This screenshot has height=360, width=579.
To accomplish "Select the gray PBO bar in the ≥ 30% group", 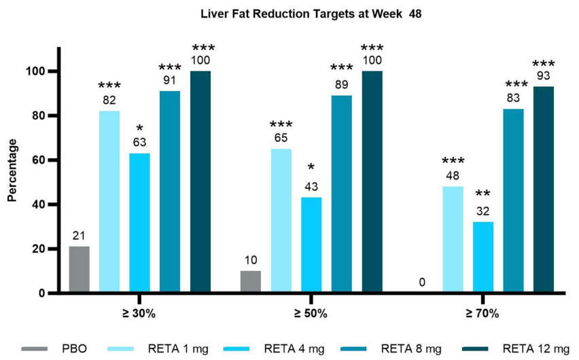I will (79, 270).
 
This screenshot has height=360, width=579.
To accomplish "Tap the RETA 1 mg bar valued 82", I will (109, 202).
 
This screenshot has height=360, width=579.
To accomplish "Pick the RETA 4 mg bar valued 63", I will (139, 223).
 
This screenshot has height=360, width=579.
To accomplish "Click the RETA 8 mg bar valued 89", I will (342, 194).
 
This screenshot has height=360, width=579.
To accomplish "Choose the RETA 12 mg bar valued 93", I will (544, 190).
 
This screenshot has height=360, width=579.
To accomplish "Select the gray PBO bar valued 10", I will (251, 282).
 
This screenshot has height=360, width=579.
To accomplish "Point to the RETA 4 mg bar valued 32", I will (483, 257).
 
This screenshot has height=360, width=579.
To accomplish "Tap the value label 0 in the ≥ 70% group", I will (423, 282).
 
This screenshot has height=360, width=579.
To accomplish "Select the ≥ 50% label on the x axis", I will (311, 314).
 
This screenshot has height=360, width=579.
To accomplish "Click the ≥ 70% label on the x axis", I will (483, 314).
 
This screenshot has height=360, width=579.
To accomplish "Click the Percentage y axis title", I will (12, 170).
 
